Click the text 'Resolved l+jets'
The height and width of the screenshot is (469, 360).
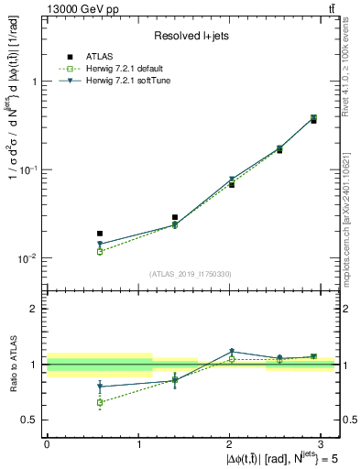click(191, 36)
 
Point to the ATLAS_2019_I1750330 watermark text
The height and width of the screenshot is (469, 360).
click(191, 274)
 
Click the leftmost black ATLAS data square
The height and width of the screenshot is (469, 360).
click(100, 234)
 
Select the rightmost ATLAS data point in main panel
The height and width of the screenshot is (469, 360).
click(313, 120)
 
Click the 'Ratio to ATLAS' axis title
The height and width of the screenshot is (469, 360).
click(13, 364)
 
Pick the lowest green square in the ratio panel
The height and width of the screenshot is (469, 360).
click(100, 402)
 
